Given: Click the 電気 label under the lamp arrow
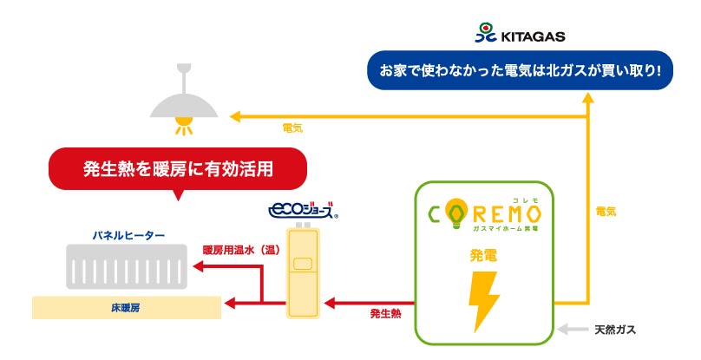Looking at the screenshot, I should click(x=292, y=128).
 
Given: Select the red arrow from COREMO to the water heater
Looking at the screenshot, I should click(x=364, y=303).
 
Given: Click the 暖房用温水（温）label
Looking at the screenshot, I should click(x=239, y=248).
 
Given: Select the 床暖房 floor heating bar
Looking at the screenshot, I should click(x=125, y=306).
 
